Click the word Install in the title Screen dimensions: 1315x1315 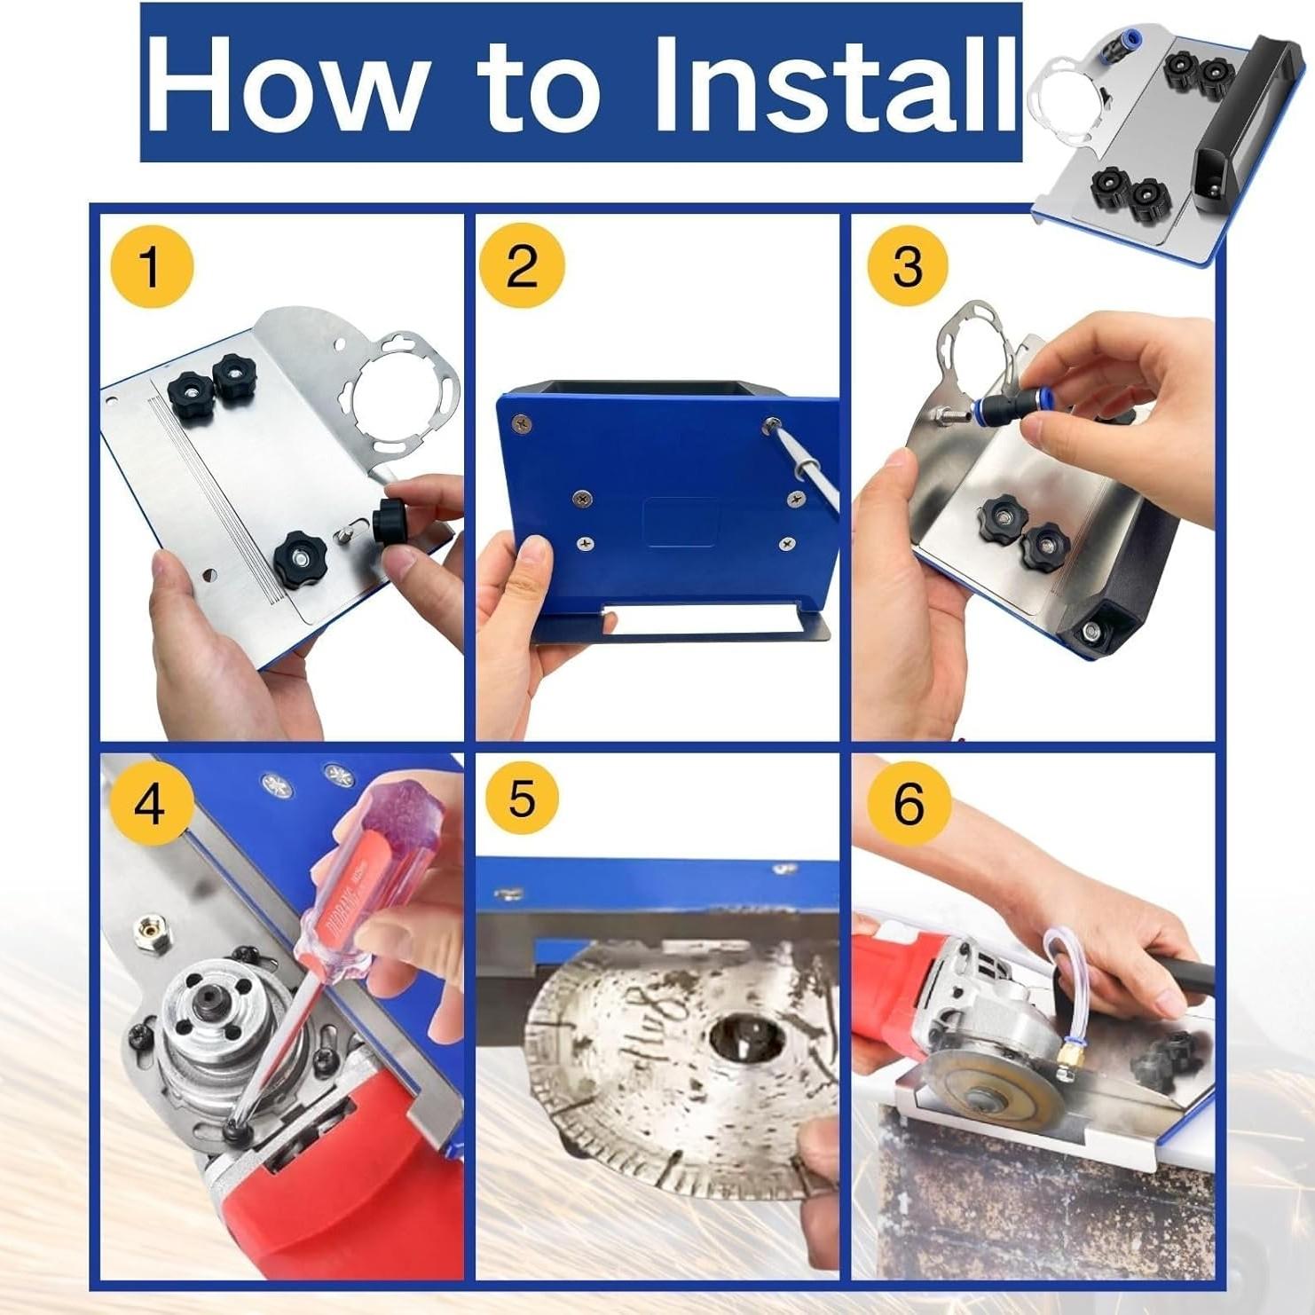tap(834, 84)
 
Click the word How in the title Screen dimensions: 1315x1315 tap(284, 84)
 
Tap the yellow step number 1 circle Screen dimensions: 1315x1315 tap(151, 265)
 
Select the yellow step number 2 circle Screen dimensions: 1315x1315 tap(522, 265)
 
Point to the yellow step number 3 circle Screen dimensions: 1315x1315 tap(907, 265)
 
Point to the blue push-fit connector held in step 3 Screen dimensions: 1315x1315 tap(994, 410)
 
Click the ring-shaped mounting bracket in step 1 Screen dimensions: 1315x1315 tap(405, 390)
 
